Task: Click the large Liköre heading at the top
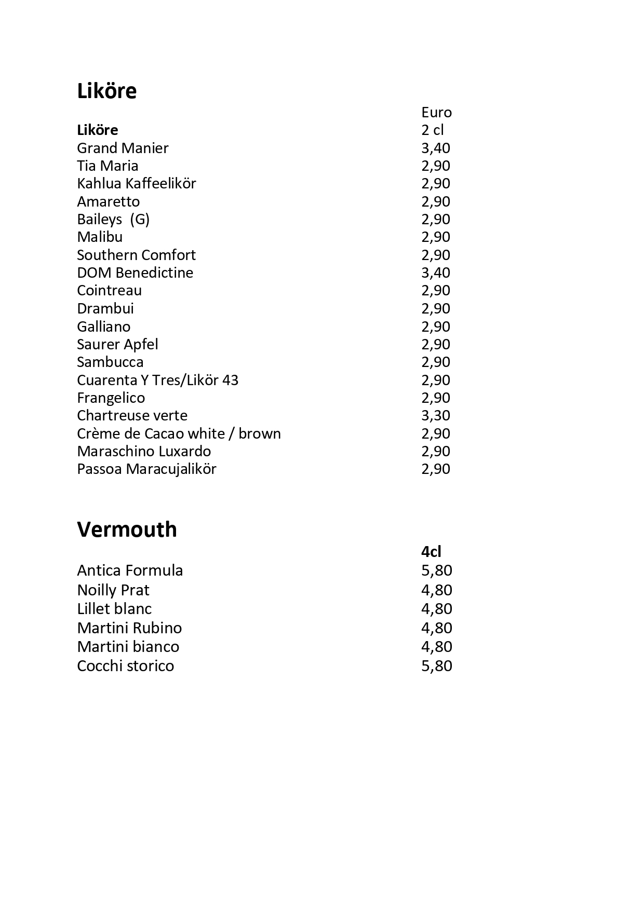point(106,91)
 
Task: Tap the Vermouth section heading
point(127,529)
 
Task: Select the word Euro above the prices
point(436,112)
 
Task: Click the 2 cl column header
point(432,130)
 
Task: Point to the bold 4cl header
point(431,552)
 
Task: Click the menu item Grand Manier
point(123,148)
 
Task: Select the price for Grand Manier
point(435,148)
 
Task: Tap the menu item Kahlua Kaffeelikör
point(136,183)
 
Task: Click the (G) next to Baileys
point(140,220)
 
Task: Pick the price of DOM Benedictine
point(435,273)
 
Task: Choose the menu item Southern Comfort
point(136,255)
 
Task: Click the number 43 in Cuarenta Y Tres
point(230,380)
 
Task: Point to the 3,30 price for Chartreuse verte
point(435,415)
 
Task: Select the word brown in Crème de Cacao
point(260,433)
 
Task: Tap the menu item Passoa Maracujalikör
point(146,469)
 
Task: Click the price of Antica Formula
point(436,570)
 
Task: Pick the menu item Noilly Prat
point(113,590)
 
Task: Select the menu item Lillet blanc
point(114,609)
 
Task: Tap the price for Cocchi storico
point(436,666)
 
